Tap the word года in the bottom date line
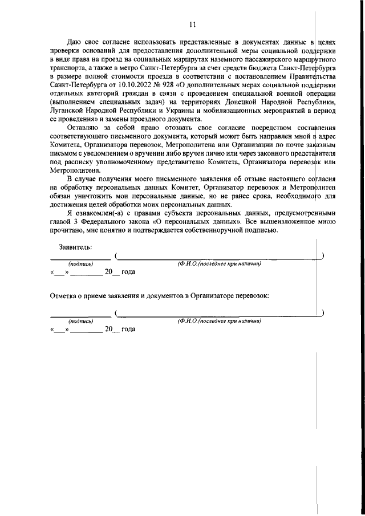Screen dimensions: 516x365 tap(128, 329)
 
